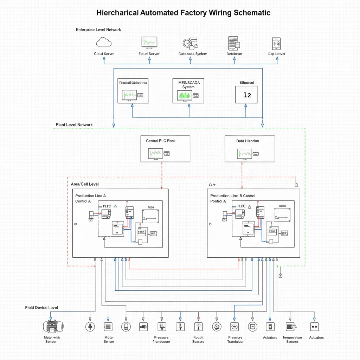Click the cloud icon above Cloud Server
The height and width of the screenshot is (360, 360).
[x=104, y=43]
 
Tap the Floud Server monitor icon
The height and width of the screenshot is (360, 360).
[x=149, y=43]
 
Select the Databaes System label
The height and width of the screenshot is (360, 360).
[x=193, y=54]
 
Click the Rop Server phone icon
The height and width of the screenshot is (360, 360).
[x=276, y=43]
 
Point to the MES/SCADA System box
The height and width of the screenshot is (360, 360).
[x=188, y=91]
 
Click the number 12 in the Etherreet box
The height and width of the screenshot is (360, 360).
[x=247, y=95]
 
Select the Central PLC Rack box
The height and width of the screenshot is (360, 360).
[x=165, y=149]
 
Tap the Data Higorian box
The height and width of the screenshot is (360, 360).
[x=250, y=149]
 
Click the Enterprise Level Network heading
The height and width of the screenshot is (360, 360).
[x=98, y=30]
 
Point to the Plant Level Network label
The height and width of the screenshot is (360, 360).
[x=74, y=125]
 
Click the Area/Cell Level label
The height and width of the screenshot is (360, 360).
[x=85, y=184]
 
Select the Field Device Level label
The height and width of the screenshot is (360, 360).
[x=41, y=308]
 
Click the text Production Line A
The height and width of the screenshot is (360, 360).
[x=90, y=196]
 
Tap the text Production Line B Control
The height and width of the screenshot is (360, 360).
[x=233, y=196]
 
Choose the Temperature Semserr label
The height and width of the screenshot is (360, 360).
[x=292, y=340]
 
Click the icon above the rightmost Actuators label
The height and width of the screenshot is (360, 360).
[x=314, y=327]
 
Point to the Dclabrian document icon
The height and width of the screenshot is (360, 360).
[x=234, y=43]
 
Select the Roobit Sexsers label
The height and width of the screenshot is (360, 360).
[x=198, y=340]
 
